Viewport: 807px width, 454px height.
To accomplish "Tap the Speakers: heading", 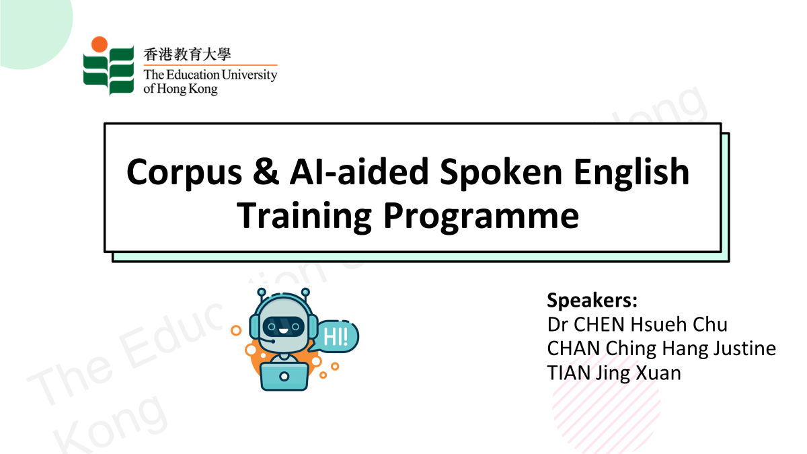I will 592,299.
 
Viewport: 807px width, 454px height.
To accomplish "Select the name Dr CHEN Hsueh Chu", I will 638,324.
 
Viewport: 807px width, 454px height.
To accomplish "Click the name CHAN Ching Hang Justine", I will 662,348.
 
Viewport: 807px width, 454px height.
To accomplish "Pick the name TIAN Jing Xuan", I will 614,372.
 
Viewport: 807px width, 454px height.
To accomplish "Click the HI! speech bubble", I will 337,336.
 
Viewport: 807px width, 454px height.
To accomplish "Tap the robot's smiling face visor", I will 283,328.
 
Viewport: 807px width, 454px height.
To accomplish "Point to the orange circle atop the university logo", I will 100,44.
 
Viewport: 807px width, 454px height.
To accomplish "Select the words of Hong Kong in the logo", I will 180,88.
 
